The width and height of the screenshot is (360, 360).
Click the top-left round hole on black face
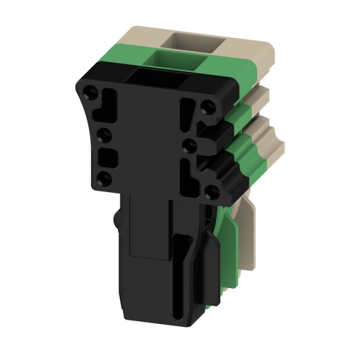[92, 92]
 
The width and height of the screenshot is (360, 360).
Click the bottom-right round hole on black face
[210, 189]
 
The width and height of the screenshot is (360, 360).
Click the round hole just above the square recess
[103, 132]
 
